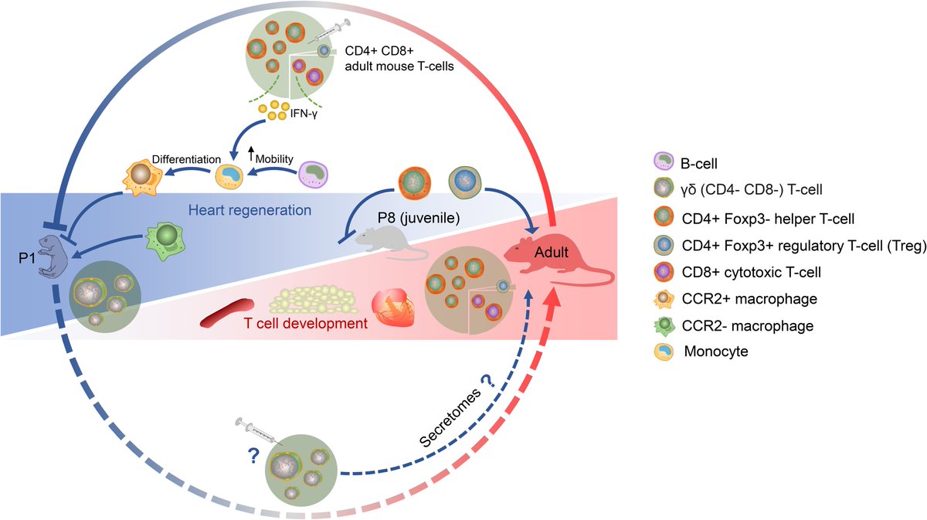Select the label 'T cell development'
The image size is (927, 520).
tap(307, 323)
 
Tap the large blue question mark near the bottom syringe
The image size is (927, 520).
tap(253, 457)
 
